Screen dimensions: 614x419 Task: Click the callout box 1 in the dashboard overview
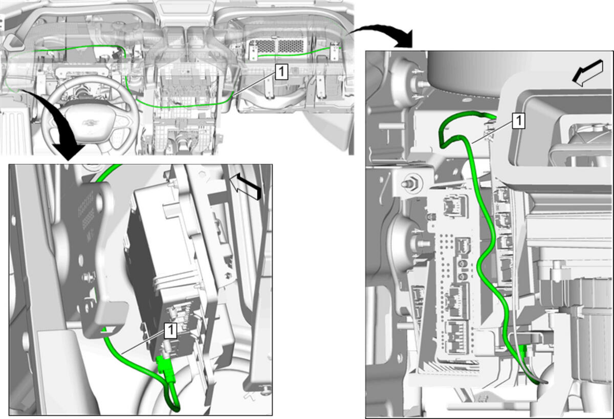click(x=281, y=72)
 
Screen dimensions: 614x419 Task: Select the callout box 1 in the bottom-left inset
click(x=170, y=331)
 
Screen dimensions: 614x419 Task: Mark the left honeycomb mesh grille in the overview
click(x=264, y=47)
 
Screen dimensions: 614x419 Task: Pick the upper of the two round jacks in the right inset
click(x=463, y=264)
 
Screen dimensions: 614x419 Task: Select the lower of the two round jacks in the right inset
click(x=463, y=277)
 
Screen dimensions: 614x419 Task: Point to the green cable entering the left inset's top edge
click(x=108, y=172)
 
